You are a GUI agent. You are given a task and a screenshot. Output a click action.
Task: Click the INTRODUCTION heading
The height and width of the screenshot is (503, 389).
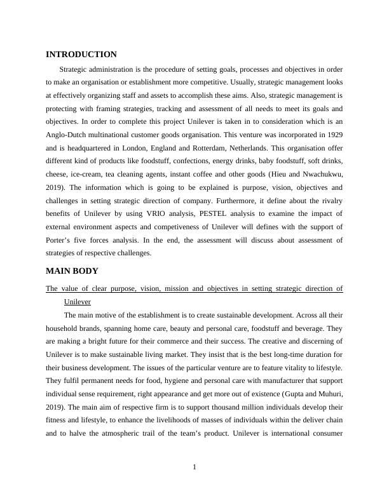tap(81, 55)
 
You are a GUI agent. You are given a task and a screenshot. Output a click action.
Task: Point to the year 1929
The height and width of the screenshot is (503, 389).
tap(332, 135)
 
